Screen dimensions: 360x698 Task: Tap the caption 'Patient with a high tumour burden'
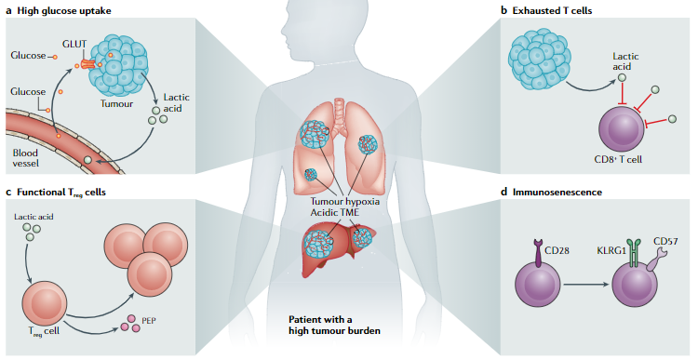pos(336,325)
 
